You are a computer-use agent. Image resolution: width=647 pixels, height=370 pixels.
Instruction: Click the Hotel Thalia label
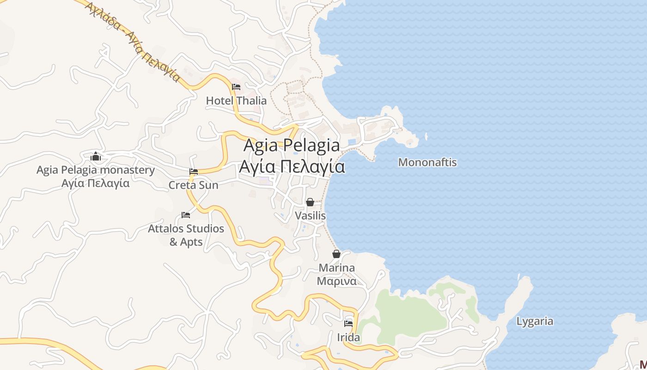click(x=236, y=100)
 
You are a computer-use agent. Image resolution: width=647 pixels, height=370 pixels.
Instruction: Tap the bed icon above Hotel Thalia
click(x=236, y=86)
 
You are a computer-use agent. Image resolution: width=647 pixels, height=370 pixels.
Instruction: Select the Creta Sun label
click(x=193, y=185)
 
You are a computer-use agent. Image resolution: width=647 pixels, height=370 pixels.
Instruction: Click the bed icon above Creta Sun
click(x=194, y=172)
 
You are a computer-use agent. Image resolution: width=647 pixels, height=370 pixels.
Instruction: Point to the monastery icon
click(x=96, y=156)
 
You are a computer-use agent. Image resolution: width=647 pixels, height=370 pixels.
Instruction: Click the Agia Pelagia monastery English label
click(x=96, y=170)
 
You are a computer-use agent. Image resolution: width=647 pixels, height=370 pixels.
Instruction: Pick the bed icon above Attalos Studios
click(x=186, y=215)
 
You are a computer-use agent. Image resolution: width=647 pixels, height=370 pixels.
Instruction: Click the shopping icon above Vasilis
click(x=310, y=202)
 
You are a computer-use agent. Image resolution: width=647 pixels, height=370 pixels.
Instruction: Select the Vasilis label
click(x=311, y=216)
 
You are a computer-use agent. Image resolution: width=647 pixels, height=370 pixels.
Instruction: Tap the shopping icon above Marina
click(x=336, y=254)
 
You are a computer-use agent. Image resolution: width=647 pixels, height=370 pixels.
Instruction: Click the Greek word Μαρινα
click(x=337, y=281)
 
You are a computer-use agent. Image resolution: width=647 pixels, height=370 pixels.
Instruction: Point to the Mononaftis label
click(x=427, y=162)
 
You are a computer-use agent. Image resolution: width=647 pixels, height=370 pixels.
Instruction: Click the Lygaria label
click(x=535, y=321)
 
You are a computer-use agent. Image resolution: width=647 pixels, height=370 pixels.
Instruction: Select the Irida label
click(x=348, y=337)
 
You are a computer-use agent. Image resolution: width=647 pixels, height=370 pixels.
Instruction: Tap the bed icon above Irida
click(x=348, y=324)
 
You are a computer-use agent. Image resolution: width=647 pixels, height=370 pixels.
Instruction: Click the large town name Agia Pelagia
click(x=292, y=145)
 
